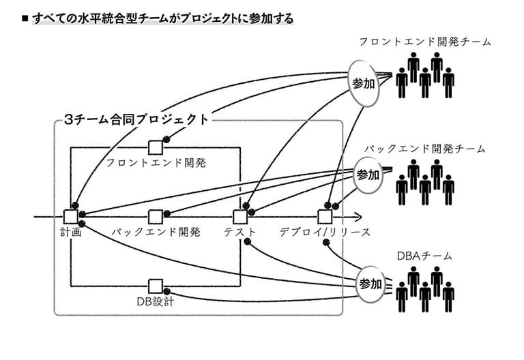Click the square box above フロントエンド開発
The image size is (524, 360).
pyautogui.click(x=156, y=147)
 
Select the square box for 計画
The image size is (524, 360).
pyautogui.click(x=71, y=217)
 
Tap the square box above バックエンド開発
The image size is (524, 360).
pyautogui.click(x=156, y=217)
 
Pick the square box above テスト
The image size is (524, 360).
pyautogui.click(x=240, y=217)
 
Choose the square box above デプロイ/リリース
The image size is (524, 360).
pyautogui.click(x=325, y=217)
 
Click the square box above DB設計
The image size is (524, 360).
pyautogui.click(x=156, y=286)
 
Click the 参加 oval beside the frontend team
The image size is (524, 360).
pyautogui.click(x=364, y=83)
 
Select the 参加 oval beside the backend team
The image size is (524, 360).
pyautogui.click(x=368, y=175)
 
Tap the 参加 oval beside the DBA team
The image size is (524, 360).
pyautogui.click(x=370, y=284)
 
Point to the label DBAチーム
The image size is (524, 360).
pyautogui.click(x=424, y=256)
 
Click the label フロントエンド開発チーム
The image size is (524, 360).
pyautogui.click(x=425, y=42)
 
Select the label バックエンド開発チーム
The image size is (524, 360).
pyautogui.click(x=425, y=149)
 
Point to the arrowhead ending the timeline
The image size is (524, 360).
pyautogui.click(x=358, y=217)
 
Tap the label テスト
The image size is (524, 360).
pyautogui.click(x=240, y=232)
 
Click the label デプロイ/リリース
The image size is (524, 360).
pyautogui.click(x=325, y=232)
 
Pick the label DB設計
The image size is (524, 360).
pyautogui.click(x=156, y=301)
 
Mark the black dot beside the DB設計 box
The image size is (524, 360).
pyautogui.click(x=166, y=292)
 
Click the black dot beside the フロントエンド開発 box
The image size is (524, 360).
pyautogui.click(x=166, y=140)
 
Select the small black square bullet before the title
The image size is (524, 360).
pyautogui.click(x=25, y=18)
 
